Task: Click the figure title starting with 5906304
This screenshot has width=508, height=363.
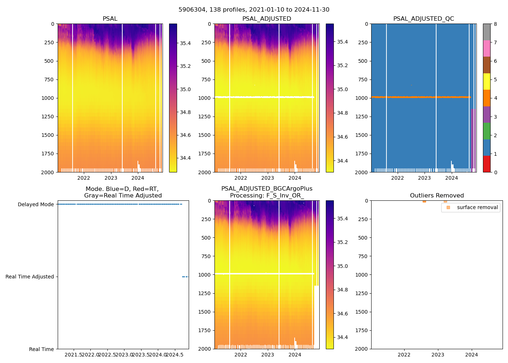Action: click(x=254, y=10)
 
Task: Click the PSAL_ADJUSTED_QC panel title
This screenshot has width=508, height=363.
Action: click(x=423, y=19)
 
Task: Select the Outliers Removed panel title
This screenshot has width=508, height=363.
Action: click(x=437, y=196)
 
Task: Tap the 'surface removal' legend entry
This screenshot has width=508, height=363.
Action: click(x=477, y=208)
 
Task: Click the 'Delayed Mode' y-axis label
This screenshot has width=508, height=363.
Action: click(x=36, y=205)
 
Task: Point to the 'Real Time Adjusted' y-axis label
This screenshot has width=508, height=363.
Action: click(x=29, y=277)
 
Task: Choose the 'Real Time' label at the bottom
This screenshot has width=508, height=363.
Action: click(x=41, y=349)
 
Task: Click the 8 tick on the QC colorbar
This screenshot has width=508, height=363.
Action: click(x=495, y=24)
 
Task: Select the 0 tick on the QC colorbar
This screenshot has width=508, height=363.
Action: click(x=495, y=172)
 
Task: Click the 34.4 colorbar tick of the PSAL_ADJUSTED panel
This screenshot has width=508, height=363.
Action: click(x=343, y=161)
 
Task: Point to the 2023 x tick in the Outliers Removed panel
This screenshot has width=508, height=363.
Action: click(x=438, y=355)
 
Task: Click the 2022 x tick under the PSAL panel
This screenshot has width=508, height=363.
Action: click(x=84, y=178)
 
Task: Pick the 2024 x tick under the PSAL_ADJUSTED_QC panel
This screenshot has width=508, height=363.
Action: click(x=451, y=178)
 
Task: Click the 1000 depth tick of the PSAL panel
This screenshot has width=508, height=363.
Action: click(x=48, y=98)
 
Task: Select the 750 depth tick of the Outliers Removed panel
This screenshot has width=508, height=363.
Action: click(x=363, y=256)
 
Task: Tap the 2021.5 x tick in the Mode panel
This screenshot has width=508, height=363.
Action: click(x=74, y=355)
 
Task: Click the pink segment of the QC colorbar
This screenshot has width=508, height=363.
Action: click(x=487, y=49)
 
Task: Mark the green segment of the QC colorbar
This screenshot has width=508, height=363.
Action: click(x=487, y=131)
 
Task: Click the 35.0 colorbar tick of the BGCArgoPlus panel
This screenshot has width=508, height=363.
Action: click(x=343, y=266)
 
